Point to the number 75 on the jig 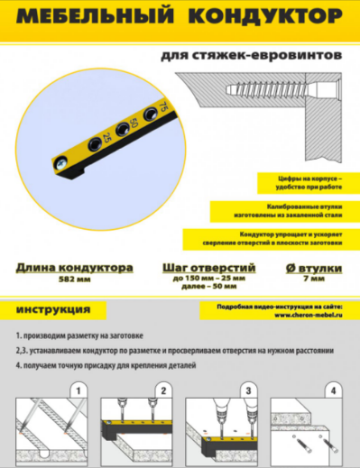[x=162, y=108]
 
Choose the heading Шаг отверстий [x=209, y=268]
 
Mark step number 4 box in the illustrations [x=332, y=390]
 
